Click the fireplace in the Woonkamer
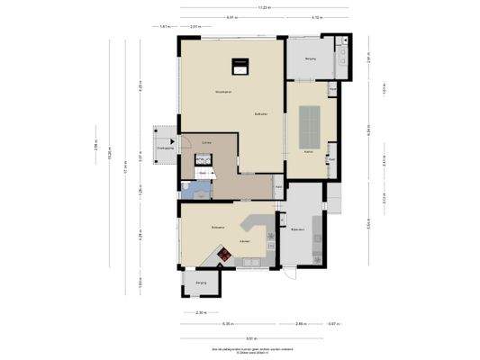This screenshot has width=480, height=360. pos(240,66)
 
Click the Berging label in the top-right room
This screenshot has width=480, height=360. pos(311,58)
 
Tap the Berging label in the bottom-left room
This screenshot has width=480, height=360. pos(201,283)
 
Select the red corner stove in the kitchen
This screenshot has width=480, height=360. pos(222,256)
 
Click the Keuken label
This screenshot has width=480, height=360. pos(244,241)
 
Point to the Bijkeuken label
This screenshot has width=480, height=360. pos(298,229)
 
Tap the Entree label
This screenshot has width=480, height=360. pos(206,143)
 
